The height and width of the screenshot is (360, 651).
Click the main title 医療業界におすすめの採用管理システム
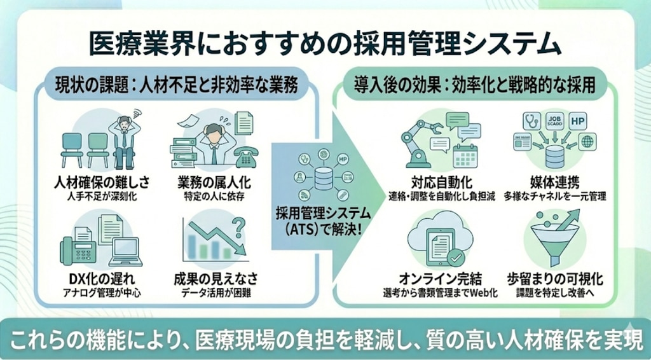(325, 46)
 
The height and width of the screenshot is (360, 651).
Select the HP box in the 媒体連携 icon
(577, 120)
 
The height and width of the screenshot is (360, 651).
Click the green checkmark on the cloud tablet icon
(455, 257)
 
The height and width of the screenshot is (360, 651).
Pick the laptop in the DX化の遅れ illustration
(125, 252)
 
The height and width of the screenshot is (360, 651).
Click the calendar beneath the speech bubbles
(465, 155)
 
